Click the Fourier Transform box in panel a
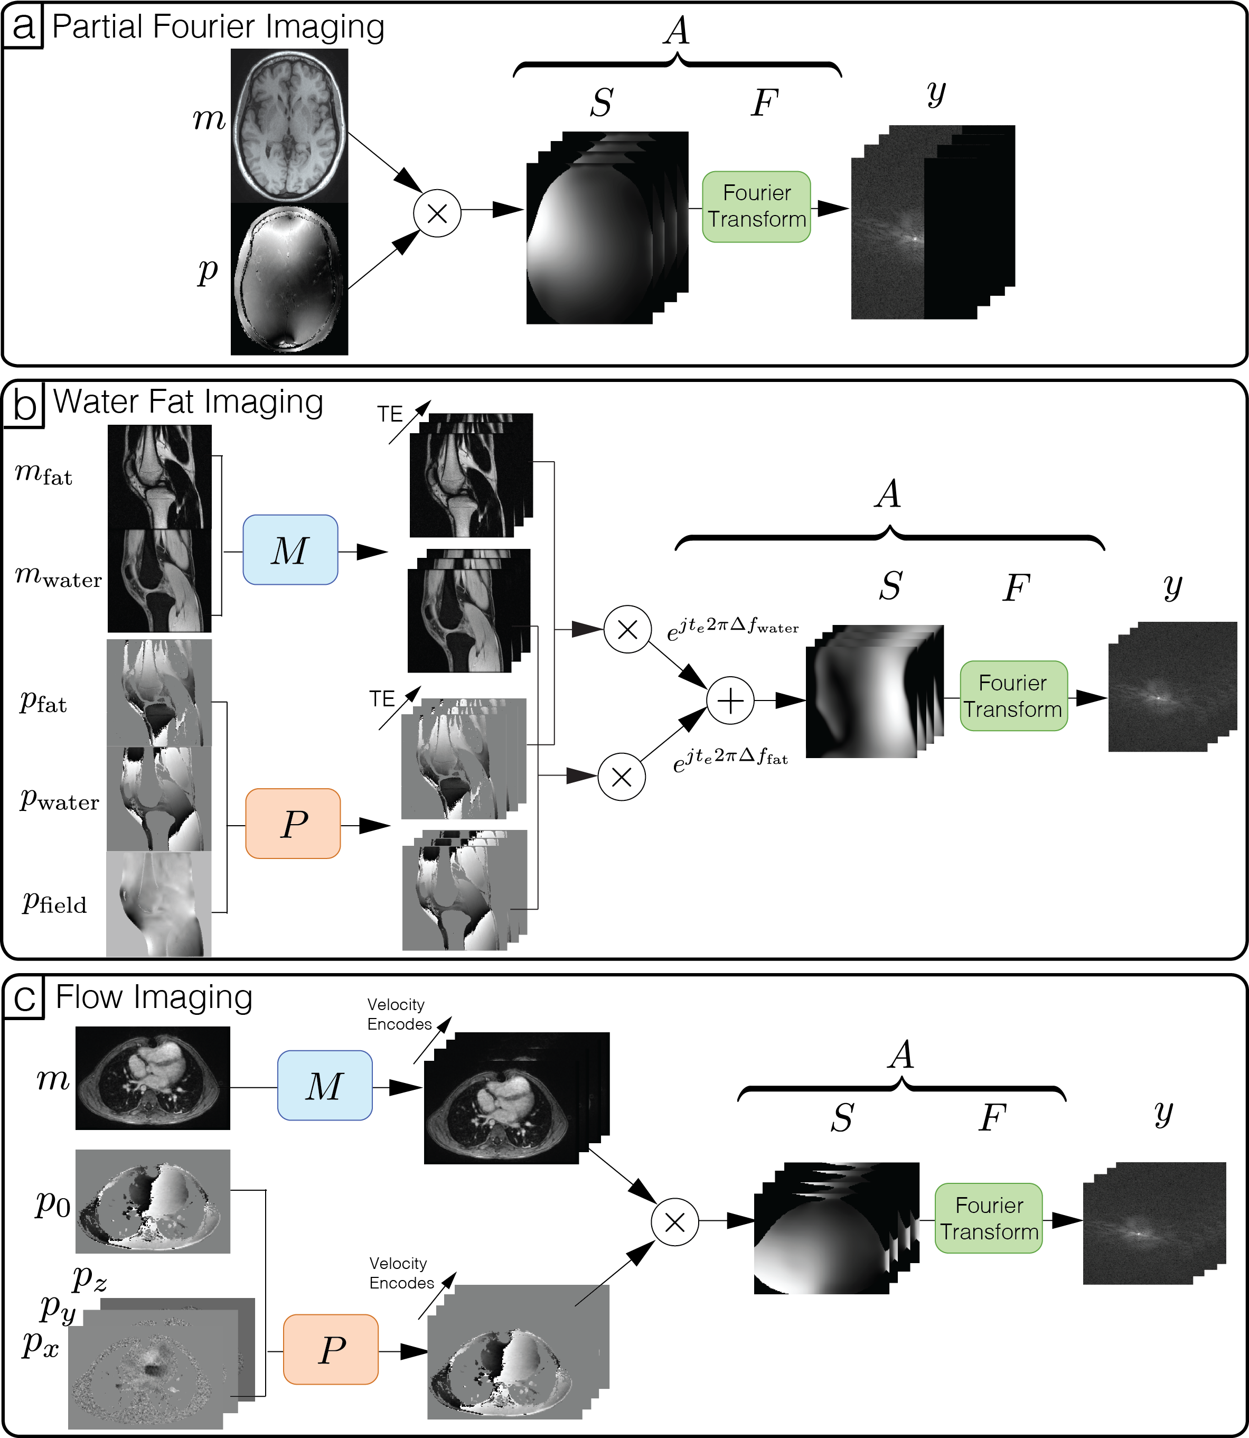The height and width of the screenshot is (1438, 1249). point(756,207)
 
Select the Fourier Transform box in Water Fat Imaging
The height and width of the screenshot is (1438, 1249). point(1013,696)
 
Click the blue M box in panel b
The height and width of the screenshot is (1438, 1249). point(290,549)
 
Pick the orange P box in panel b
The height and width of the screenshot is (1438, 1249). point(293,823)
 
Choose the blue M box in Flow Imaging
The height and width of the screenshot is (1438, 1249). point(325,1085)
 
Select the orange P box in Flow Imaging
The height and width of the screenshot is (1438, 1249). point(331,1349)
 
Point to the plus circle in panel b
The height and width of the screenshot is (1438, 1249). point(730,701)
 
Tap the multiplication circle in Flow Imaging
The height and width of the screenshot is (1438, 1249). point(674,1222)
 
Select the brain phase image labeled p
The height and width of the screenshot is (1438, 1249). point(289,279)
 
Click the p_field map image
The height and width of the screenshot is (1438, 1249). point(159,903)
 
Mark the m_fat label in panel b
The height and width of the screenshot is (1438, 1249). point(43,474)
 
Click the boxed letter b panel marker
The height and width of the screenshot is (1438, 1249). point(24,404)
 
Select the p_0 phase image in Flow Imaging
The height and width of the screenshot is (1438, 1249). point(153,1200)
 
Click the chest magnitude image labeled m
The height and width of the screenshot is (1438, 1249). point(153,1078)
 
